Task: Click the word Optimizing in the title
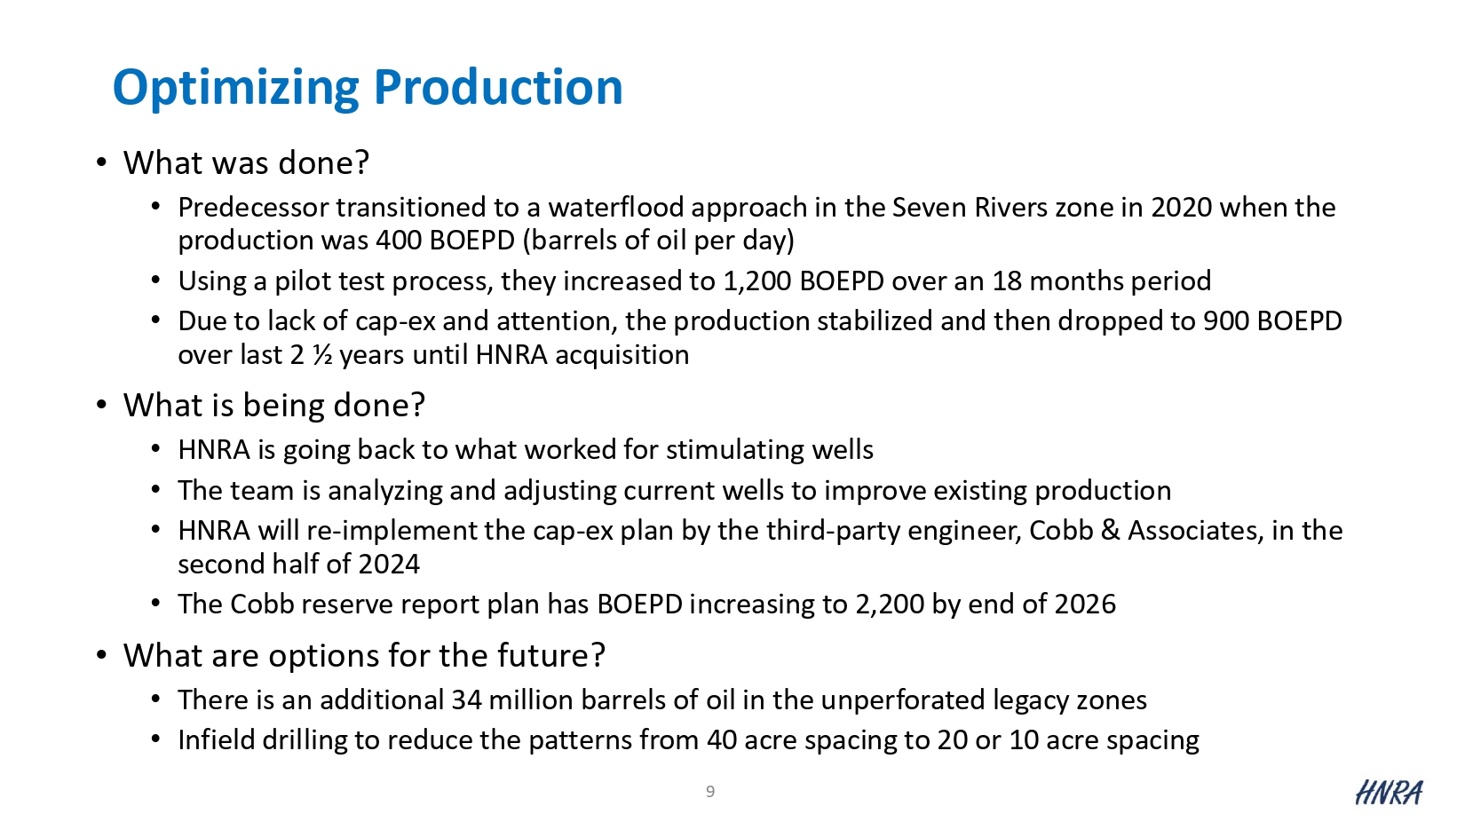coord(236,88)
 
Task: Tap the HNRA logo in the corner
coord(1388,793)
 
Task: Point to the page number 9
coord(710,792)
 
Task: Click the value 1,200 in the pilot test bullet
coord(757,281)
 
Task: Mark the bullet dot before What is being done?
coord(101,406)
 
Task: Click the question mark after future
coord(598,655)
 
